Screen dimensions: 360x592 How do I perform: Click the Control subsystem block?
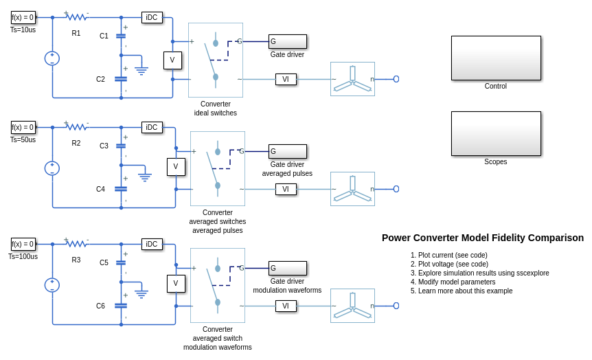click(495, 58)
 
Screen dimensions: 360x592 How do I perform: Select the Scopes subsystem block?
click(495, 133)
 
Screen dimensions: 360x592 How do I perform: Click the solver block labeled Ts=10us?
click(23, 17)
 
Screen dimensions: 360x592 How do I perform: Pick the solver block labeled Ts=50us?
click(23, 127)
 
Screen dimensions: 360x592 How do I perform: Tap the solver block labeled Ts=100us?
click(23, 244)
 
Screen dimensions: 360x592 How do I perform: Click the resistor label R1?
click(76, 33)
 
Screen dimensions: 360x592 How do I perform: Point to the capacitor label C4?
click(101, 189)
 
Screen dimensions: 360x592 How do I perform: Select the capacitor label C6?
click(101, 306)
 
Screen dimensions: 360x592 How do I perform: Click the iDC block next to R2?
click(152, 127)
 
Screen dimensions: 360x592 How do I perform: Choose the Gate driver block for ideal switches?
click(287, 41)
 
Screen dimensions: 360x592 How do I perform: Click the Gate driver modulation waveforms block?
click(287, 268)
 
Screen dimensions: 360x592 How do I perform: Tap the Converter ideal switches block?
click(215, 60)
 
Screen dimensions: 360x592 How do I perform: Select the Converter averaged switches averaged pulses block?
click(217, 168)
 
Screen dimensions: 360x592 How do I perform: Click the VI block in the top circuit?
click(286, 79)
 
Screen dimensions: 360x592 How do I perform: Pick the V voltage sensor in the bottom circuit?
click(176, 284)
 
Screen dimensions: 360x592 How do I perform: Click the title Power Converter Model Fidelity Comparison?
click(483, 238)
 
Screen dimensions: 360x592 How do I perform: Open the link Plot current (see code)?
click(454, 255)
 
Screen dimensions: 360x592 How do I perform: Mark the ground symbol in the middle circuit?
click(144, 177)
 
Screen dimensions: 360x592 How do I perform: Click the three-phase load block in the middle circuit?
click(352, 189)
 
